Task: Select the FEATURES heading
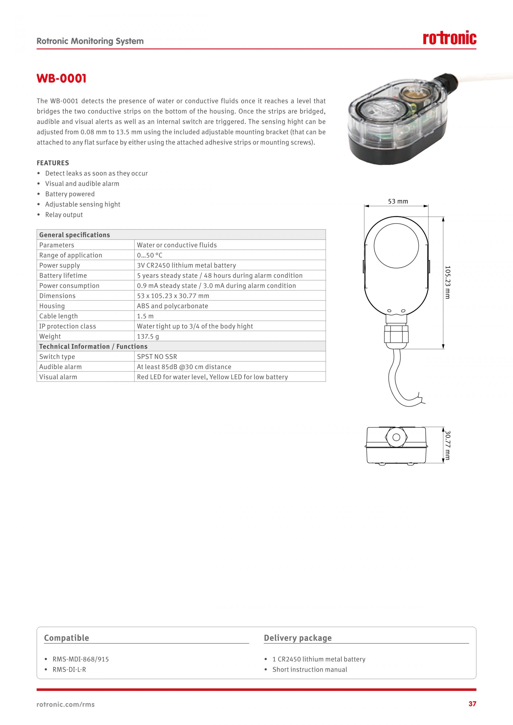point(53,163)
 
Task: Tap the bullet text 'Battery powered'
point(70,194)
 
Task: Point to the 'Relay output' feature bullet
point(64,215)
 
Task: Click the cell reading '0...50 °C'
point(149,255)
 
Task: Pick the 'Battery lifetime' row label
point(63,275)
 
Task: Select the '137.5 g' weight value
point(148,336)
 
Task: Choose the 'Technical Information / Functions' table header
point(93,346)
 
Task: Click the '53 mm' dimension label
point(398,201)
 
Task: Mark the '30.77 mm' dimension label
point(447,445)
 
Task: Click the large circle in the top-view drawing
point(396,246)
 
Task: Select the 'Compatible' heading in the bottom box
point(66,638)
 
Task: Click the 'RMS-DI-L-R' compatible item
point(69,669)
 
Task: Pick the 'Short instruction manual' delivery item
point(310,669)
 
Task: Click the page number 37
point(472,704)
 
